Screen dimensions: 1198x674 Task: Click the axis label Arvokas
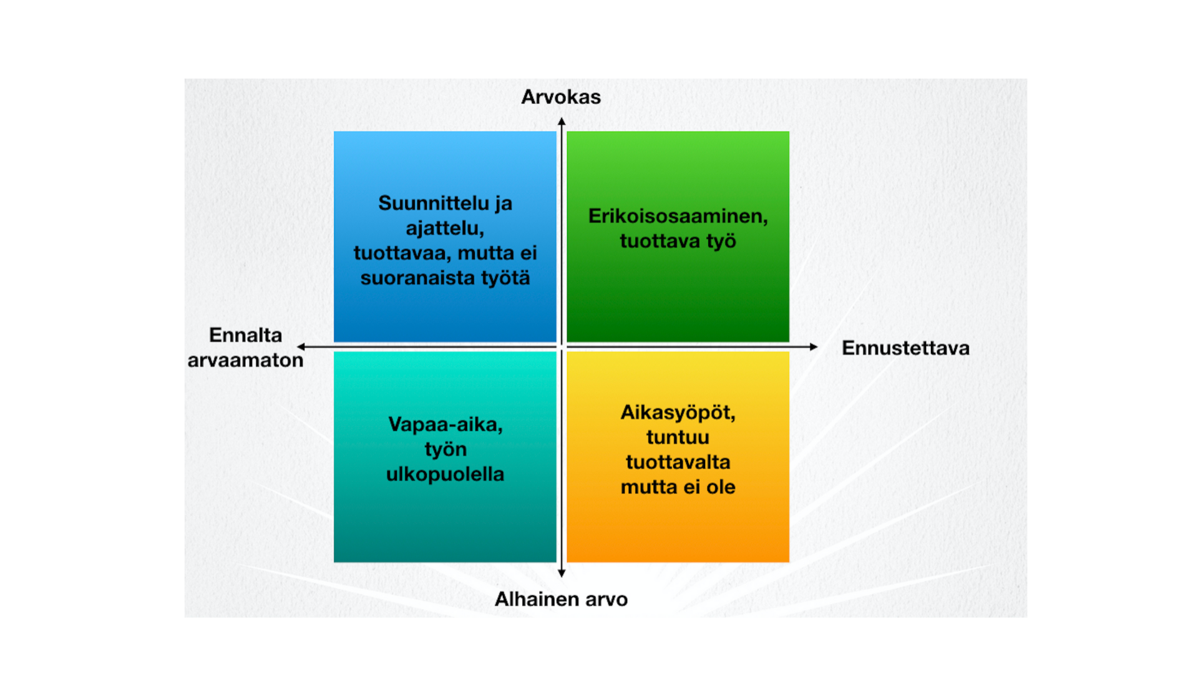click(561, 97)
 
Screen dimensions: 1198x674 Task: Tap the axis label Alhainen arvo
click(561, 599)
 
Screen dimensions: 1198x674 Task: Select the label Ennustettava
click(905, 348)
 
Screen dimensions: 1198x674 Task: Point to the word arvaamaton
click(245, 360)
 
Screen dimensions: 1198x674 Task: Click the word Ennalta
click(245, 335)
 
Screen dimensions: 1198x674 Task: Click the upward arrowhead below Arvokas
click(562, 121)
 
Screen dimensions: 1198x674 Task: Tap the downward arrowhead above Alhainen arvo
click(562, 573)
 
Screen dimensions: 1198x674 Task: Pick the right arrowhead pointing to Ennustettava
click(814, 346)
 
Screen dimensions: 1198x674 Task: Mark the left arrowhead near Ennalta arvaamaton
click(301, 346)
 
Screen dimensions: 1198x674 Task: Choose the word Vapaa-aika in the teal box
click(445, 425)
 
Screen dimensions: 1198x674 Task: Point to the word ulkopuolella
click(445, 474)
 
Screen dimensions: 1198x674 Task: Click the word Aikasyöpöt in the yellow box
click(678, 413)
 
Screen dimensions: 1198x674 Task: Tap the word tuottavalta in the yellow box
click(678, 462)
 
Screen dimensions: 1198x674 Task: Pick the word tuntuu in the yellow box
click(678, 437)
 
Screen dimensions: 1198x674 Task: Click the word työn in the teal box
click(445, 450)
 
